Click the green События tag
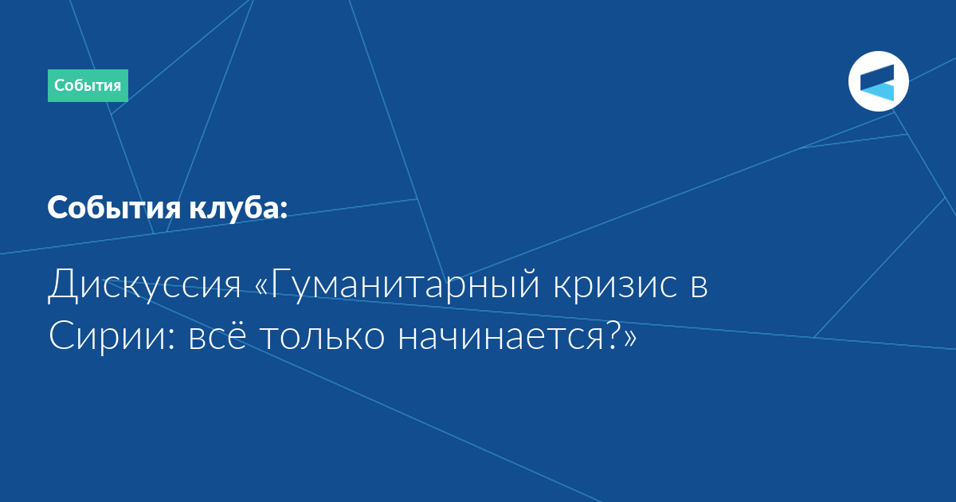(x=88, y=85)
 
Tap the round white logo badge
(x=878, y=81)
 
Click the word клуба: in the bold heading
(x=238, y=208)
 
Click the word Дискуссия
(x=145, y=284)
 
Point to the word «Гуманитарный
(x=398, y=284)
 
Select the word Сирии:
(x=112, y=335)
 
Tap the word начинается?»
(x=517, y=335)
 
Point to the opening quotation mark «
(x=262, y=286)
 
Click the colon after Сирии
(x=171, y=339)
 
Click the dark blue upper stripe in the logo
(x=877, y=76)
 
